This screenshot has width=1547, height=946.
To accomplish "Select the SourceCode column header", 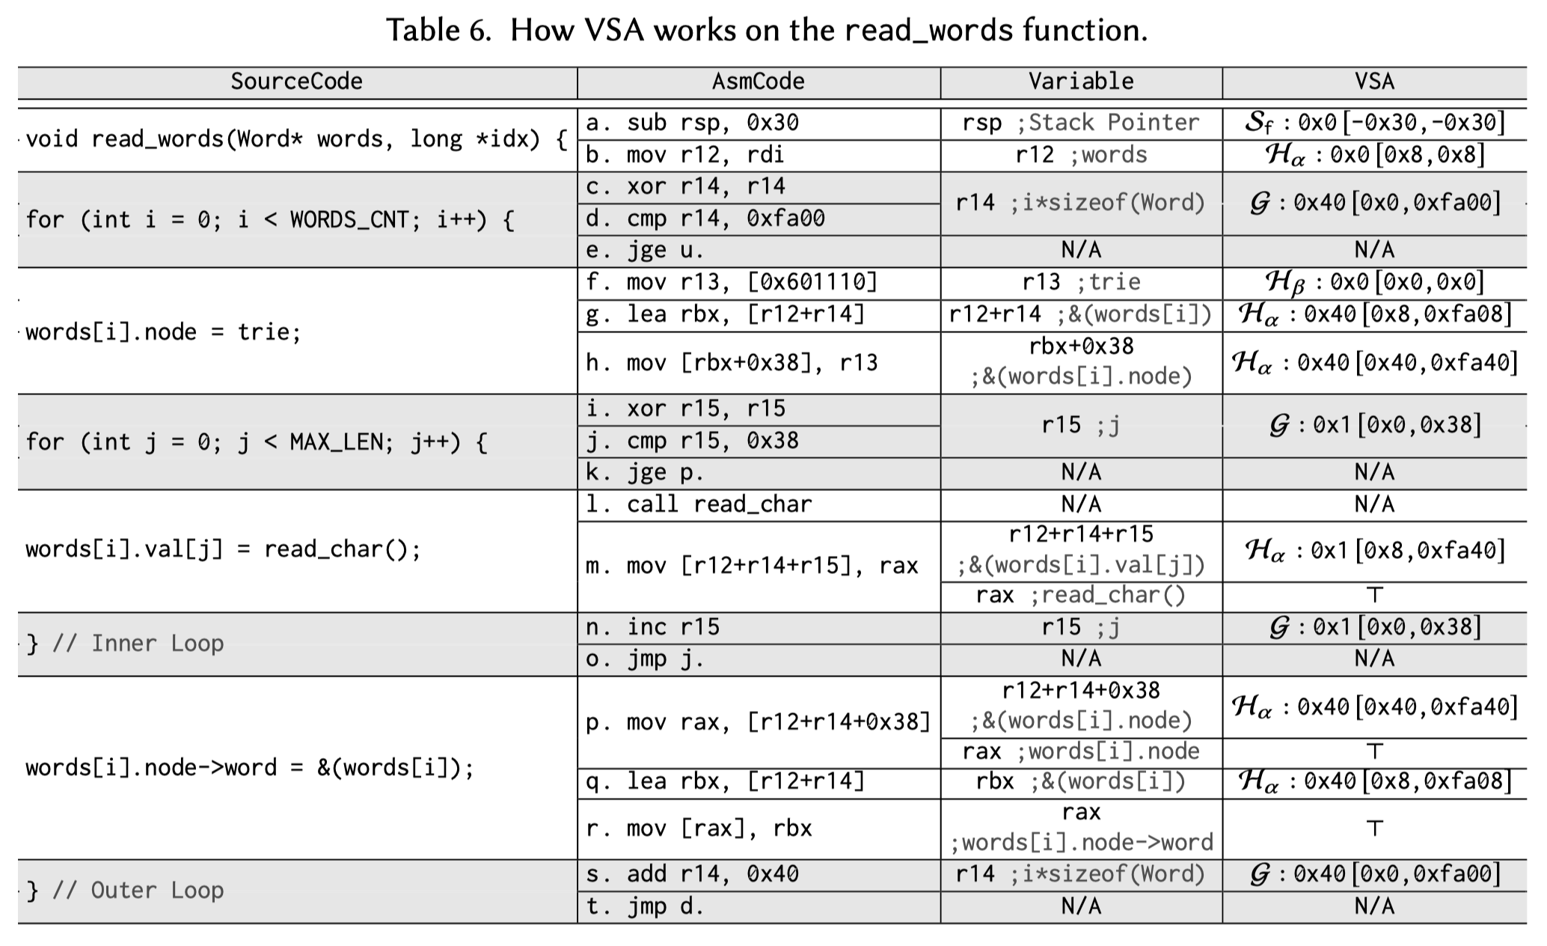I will click(296, 82).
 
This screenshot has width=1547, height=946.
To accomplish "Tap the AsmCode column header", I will click(758, 82).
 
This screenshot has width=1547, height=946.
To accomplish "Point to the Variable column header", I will click(1080, 82).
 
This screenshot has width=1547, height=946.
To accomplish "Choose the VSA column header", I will click(1374, 82).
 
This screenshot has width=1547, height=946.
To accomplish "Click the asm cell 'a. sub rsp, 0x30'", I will click(692, 123).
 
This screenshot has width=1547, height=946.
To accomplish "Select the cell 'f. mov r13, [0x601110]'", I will click(731, 282).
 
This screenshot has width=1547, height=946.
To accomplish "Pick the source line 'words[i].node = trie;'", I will click(163, 332).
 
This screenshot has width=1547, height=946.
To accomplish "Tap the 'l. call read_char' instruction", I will click(699, 504).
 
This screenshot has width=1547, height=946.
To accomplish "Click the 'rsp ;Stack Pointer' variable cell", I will click(1080, 123).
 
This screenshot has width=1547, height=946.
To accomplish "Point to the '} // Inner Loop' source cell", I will click(124, 644).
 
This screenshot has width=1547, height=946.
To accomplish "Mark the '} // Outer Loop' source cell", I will click(124, 891).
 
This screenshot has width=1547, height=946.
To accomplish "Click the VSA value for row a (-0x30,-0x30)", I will click(1374, 123).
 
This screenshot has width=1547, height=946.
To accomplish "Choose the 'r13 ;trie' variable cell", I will click(1080, 282).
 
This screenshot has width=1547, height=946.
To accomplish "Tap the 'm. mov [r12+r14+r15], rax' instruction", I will click(751, 566).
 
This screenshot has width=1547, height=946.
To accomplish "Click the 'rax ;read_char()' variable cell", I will click(1080, 596).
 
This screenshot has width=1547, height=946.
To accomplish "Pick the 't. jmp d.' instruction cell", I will click(645, 907).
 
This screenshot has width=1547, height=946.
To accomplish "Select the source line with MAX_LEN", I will click(256, 442).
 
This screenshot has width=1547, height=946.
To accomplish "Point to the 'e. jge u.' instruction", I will click(645, 250).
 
